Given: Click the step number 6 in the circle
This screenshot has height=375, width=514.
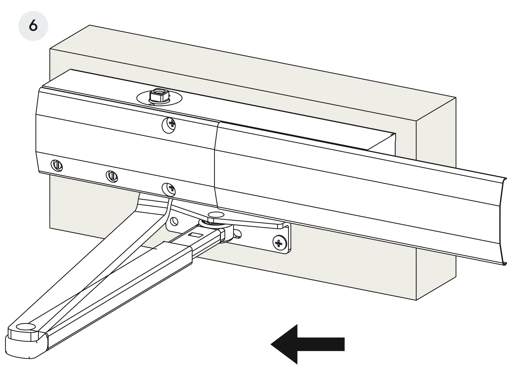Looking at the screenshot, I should click(33, 26).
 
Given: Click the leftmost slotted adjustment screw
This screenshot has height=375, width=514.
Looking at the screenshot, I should click(57, 165).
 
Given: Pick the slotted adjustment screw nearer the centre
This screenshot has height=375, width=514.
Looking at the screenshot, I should click(112, 176).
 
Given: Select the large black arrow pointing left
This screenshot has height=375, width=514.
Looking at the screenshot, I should click(308, 344).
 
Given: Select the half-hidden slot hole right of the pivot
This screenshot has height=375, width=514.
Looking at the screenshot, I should click(238, 233).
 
